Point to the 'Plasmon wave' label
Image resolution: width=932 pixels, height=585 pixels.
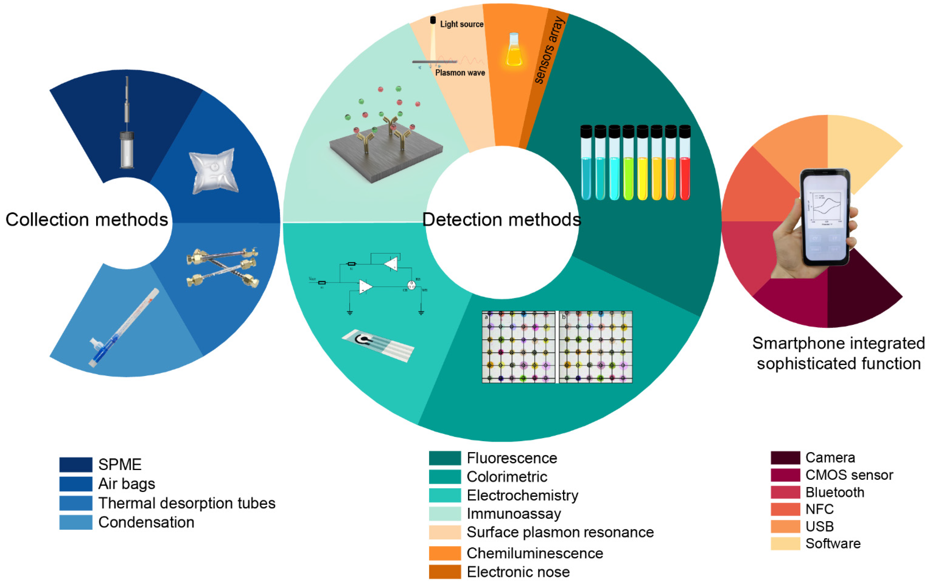[x=460, y=73]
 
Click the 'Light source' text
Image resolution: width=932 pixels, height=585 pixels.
[x=462, y=24]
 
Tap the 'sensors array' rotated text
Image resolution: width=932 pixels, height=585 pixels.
[x=550, y=50]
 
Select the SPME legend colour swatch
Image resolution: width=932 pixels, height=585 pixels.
[x=76, y=464]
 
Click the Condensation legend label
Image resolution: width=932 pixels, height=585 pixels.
[x=146, y=522]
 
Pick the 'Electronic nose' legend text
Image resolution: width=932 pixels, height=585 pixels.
[x=518, y=572]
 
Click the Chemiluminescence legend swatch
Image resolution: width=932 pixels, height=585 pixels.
[x=445, y=553]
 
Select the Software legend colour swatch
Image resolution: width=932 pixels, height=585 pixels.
[x=785, y=544]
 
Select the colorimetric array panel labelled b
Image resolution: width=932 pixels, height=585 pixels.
[x=596, y=347]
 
